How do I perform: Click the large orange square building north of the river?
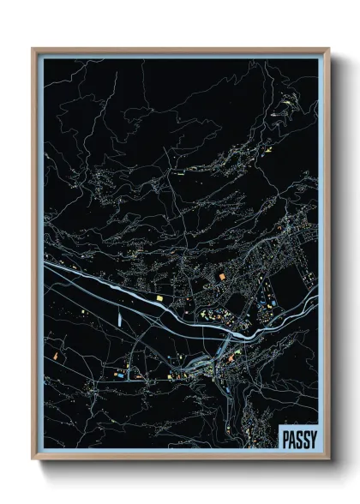pos(219,276)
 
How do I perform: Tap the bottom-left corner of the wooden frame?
pos(33,460)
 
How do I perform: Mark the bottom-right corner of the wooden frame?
pos(328,460)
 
